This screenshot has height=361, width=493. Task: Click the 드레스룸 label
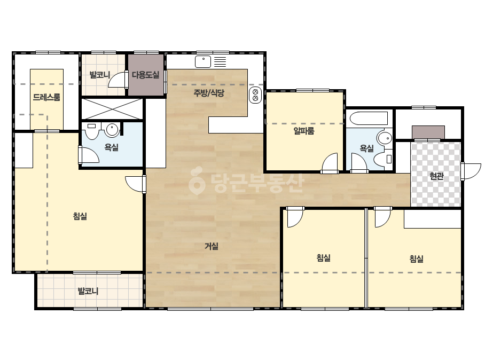pyautogui.click(x=46, y=97)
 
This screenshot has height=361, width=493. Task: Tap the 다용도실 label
pyautogui.click(x=145, y=75)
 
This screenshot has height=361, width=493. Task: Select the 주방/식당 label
pyautogui.click(x=208, y=93)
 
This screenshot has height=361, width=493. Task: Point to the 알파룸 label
pyautogui.click(x=304, y=131)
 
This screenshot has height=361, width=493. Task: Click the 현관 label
pyautogui.click(x=436, y=176)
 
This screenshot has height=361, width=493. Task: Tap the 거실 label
pyautogui.click(x=212, y=246)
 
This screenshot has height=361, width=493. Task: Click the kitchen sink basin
pyautogui.click(x=203, y=61)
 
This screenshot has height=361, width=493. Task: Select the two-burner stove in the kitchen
pyautogui.click(x=255, y=95)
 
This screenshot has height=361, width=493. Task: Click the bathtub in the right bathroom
pyautogui.click(x=369, y=119)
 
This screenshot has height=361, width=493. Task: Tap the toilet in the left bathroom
pyautogui.click(x=92, y=131)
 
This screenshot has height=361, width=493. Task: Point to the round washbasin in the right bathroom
pyautogui.click(x=385, y=138)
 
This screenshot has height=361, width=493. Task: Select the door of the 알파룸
pyautogui.click(x=330, y=162)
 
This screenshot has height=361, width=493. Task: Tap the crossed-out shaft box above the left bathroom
pyautogui.click(x=112, y=109)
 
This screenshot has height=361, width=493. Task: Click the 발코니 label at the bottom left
pyautogui.click(x=88, y=291)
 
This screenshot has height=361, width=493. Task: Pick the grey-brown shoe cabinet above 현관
pyautogui.click(x=428, y=132)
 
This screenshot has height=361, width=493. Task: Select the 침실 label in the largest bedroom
pyautogui.click(x=80, y=216)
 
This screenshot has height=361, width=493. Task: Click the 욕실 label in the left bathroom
pyautogui.click(x=111, y=147)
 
